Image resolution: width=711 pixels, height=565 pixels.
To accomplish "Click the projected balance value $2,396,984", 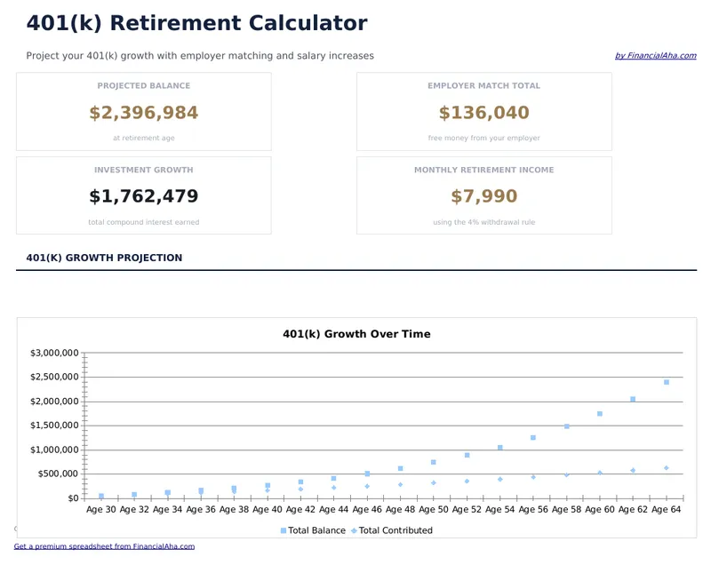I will (144, 113).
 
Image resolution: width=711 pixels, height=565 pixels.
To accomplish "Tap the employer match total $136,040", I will (483, 113).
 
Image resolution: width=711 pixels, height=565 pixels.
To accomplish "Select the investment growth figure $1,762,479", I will (144, 196).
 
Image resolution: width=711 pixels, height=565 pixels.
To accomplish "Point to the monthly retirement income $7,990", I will (483, 196).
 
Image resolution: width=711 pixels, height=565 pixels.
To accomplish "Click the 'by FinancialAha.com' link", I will (655, 56).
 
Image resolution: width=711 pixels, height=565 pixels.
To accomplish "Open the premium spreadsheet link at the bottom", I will (104, 546).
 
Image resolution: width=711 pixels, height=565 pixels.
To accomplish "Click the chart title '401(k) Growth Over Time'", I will (356, 334).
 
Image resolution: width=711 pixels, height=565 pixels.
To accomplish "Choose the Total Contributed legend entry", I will (395, 530).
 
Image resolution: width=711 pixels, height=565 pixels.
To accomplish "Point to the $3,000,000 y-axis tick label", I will (55, 353).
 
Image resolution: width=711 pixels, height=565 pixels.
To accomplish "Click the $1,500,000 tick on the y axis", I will (55, 426).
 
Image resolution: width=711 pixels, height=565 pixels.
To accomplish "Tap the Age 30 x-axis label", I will (100, 510).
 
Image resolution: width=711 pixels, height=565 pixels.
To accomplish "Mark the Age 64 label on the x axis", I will (666, 510).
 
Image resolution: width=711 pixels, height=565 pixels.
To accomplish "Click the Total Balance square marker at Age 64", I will (666, 382).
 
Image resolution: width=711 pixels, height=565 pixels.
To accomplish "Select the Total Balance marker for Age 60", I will (600, 414).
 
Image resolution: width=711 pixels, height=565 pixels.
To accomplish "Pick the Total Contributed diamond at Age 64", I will (666, 468).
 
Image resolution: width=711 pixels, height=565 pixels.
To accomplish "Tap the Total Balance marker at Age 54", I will (500, 448).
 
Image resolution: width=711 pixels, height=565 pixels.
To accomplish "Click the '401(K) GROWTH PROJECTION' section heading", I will (104, 258).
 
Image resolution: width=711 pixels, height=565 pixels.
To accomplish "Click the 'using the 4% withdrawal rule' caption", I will (483, 222).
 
